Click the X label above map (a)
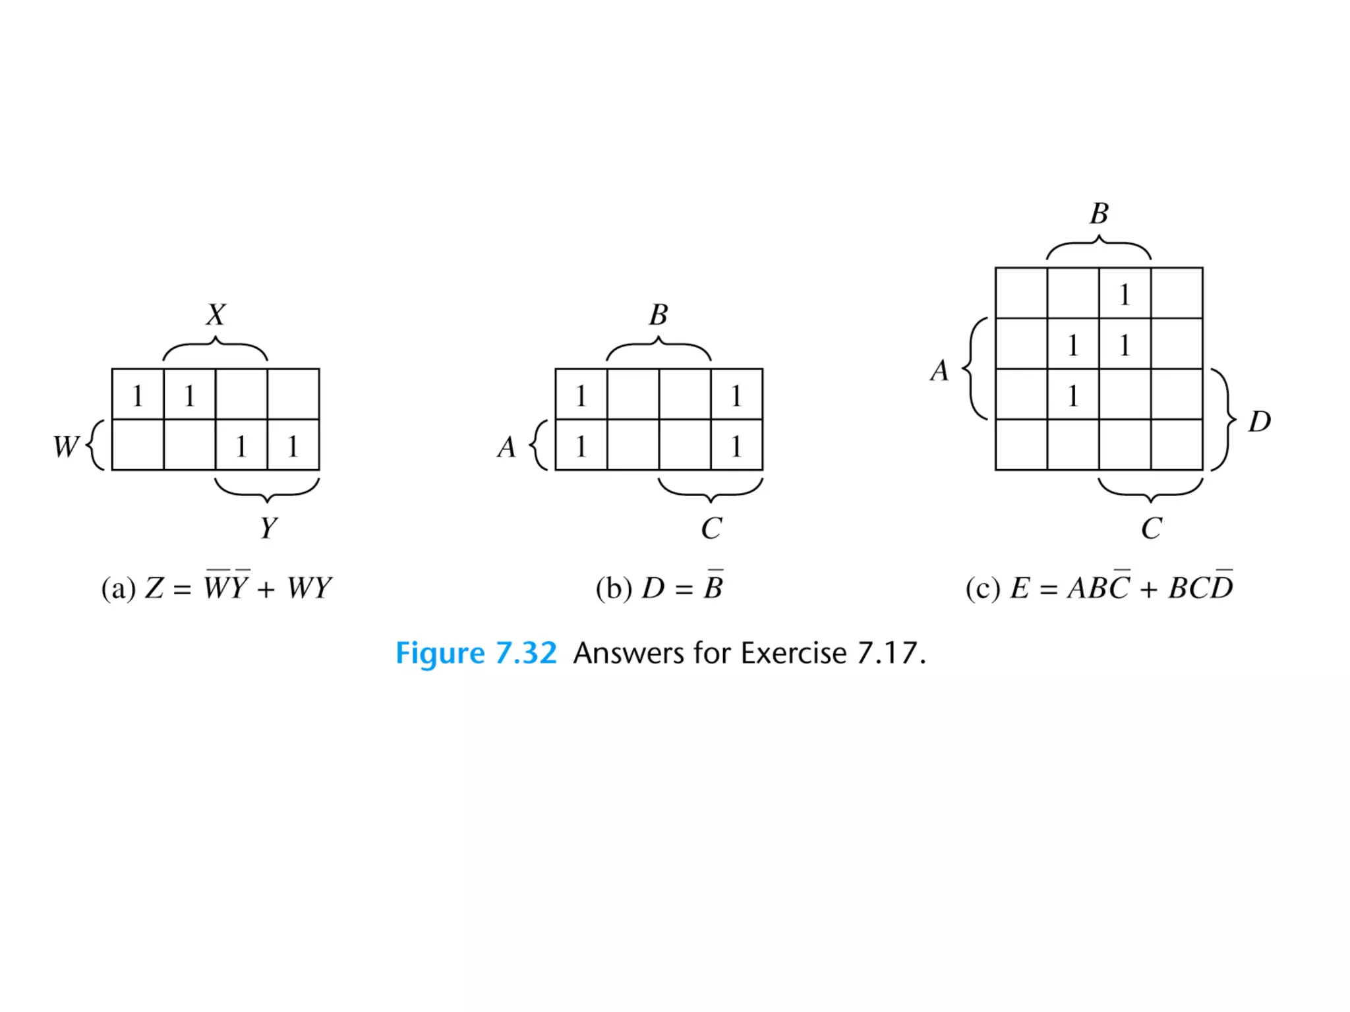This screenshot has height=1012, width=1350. (x=216, y=315)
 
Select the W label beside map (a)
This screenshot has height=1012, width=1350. (x=66, y=446)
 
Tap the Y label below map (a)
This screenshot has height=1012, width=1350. (x=268, y=528)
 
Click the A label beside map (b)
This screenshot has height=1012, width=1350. (x=506, y=447)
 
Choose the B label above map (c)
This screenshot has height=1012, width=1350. (x=1099, y=213)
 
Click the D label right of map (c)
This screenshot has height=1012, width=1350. (x=1259, y=422)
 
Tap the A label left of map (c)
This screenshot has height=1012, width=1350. (x=939, y=370)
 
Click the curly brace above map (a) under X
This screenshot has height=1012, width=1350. (x=215, y=349)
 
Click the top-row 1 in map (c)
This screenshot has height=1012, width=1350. (x=1125, y=294)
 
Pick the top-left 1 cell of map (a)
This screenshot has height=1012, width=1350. (x=137, y=395)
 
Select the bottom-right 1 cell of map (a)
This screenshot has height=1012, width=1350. (x=293, y=446)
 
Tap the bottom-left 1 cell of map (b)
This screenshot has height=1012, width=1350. (x=581, y=446)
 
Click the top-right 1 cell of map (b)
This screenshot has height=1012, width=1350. (x=736, y=395)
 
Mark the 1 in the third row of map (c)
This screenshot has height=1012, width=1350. (x=1073, y=395)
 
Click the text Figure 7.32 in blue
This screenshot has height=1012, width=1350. (x=476, y=653)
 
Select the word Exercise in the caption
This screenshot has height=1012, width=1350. (x=793, y=653)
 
